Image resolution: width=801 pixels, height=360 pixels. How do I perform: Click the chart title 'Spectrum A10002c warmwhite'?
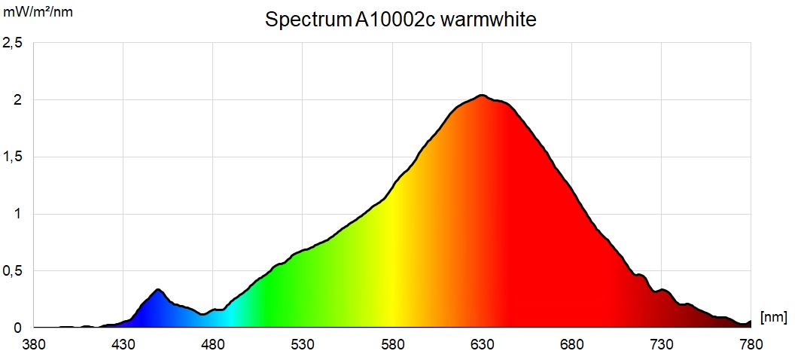coord(400,20)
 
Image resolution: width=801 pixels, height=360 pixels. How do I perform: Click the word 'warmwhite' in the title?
coord(489,20)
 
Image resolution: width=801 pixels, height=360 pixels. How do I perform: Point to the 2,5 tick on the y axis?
coord(13,43)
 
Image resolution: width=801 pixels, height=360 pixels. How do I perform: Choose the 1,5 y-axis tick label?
coord(13,157)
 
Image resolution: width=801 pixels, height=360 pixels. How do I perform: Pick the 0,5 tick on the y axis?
coord(13,270)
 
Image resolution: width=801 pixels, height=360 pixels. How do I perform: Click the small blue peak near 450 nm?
coord(158,290)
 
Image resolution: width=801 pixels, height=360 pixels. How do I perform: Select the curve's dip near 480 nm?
coord(204,314)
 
